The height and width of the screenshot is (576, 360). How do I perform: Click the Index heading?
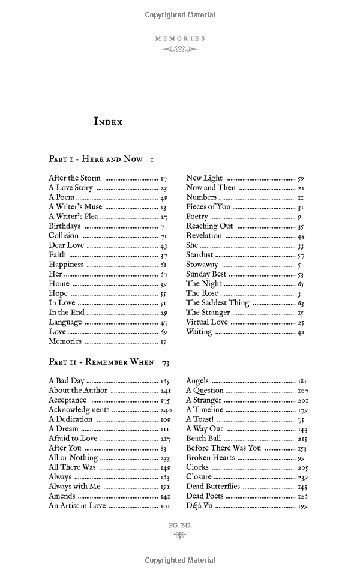[108, 122]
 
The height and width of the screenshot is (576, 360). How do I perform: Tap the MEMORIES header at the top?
[180, 38]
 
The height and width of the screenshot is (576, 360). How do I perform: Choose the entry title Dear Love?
[66, 245]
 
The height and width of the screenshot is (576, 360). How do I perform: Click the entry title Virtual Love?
[207, 322]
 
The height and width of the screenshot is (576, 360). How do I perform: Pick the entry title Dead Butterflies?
[213, 487]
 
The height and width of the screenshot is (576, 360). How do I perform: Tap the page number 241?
[164, 391]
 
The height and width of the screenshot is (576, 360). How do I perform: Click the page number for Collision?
[163, 236]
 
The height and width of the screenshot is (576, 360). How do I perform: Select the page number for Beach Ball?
[302, 439]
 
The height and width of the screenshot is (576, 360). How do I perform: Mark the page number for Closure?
[302, 477]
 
